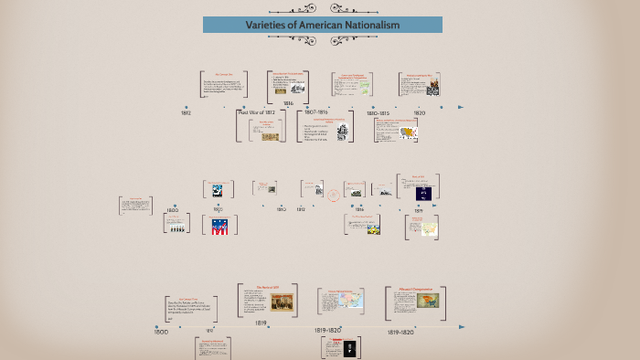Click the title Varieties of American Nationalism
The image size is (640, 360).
click(x=322, y=25)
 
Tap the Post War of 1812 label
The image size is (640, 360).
click(x=256, y=112)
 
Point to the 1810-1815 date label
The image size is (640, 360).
click(x=379, y=113)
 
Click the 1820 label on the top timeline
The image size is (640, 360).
click(x=419, y=113)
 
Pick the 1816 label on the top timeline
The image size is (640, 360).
click(x=288, y=103)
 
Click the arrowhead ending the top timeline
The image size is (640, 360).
click(x=462, y=107)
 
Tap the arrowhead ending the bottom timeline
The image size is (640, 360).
click(x=462, y=326)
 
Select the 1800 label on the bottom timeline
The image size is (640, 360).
click(x=161, y=332)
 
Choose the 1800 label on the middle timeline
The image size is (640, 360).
click(x=172, y=210)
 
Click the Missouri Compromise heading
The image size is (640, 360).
click(x=414, y=289)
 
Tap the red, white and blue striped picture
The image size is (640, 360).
click(x=219, y=226)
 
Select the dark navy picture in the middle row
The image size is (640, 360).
click(x=422, y=193)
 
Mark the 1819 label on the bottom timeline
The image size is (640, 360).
click(x=261, y=323)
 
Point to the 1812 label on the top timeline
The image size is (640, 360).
click(x=186, y=113)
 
